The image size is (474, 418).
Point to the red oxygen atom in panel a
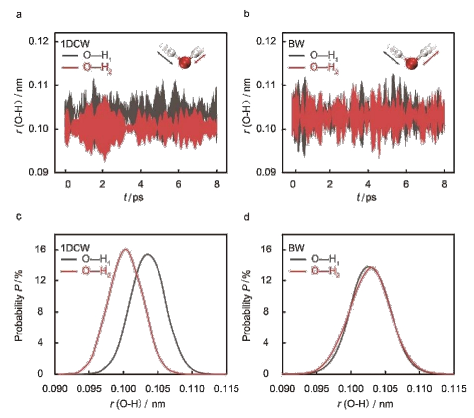click(x=184, y=63)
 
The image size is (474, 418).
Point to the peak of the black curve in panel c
click(x=148, y=255)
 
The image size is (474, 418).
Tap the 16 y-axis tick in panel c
click(x=49, y=249)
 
